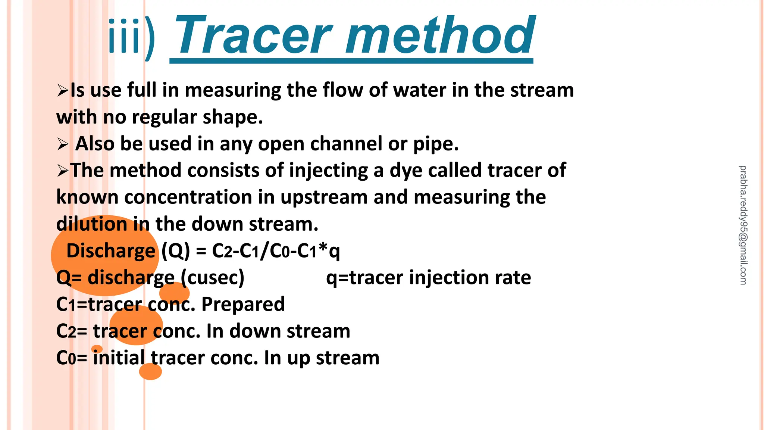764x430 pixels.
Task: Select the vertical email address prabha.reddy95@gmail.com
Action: (x=743, y=225)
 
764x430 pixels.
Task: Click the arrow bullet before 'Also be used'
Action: (x=62, y=144)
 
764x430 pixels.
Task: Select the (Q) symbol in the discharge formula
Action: (x=175, y=250)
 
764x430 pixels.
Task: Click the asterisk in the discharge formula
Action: (x=323, y=248)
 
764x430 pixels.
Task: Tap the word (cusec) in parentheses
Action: (x=213, y=277)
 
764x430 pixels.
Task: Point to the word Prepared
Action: (x=243, y=304)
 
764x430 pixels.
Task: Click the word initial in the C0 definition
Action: (x=119, y=358)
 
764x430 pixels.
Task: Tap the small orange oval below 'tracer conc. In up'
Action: (x=150, y=371)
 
